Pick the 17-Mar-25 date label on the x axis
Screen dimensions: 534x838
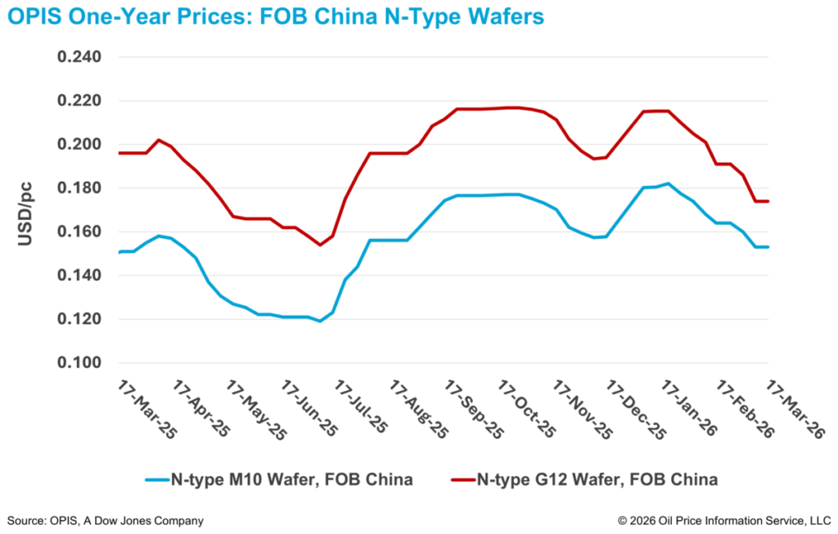point(147,410)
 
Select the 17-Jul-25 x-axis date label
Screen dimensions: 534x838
point(365,410)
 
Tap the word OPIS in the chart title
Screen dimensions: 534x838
point(35,16)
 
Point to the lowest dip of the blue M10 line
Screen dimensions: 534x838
point(320,321)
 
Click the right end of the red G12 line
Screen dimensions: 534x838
point(768,201)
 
